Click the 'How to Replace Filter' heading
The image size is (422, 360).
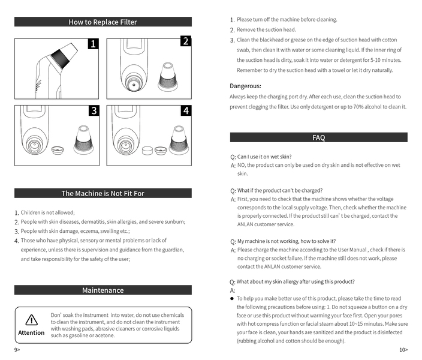(103, 22)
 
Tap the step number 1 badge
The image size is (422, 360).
(93, 44)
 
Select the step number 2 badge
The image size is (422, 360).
(185, 41)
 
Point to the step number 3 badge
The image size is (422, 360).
(93, 111)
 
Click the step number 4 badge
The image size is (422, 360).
(185, 111)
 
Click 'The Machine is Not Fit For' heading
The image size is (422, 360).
(103, 193)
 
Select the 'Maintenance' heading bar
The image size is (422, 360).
(103, 290)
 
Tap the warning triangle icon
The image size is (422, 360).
(31, 320)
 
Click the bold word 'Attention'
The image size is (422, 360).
(31, 332)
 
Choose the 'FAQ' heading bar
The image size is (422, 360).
(318, 137)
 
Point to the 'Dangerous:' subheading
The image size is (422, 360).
(245, 86)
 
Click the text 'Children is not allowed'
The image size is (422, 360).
(47, 212)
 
